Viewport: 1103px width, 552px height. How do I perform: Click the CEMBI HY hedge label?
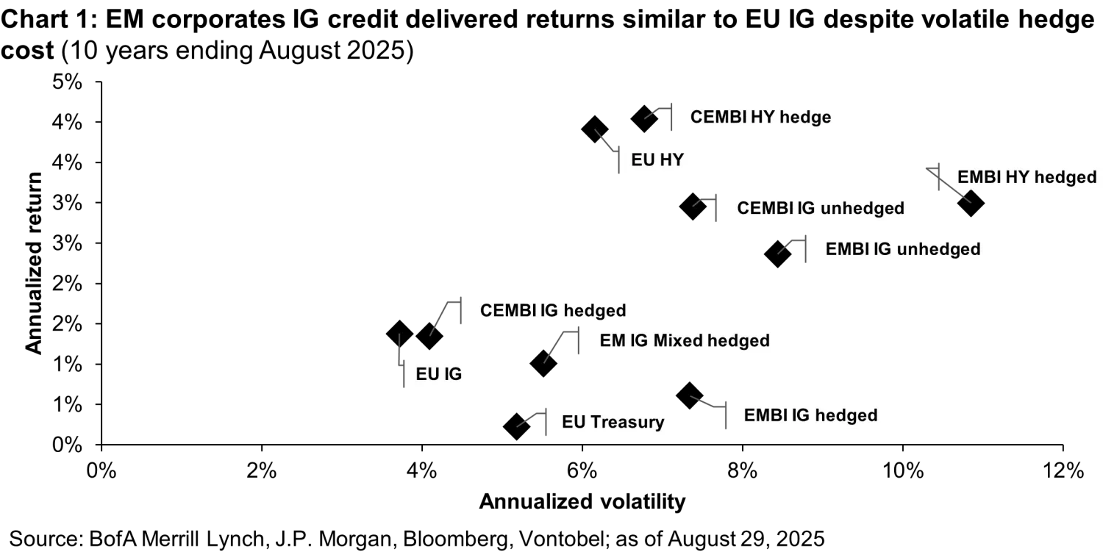(760, 118)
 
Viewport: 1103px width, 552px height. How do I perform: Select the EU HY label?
(657, 159)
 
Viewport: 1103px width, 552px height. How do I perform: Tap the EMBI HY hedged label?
(1026, 177)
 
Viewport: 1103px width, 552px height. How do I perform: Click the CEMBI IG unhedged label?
(820, 208)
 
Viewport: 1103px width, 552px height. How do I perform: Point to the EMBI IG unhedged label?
(902, 249)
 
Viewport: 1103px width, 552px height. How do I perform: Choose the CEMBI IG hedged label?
(552, 310)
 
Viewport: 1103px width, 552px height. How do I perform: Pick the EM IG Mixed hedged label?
(684, 341)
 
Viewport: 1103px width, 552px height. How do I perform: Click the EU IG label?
(438, 374)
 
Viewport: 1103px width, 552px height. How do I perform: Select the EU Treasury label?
(613, 422)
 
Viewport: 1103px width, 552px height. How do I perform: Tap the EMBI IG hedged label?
(810, 415)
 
